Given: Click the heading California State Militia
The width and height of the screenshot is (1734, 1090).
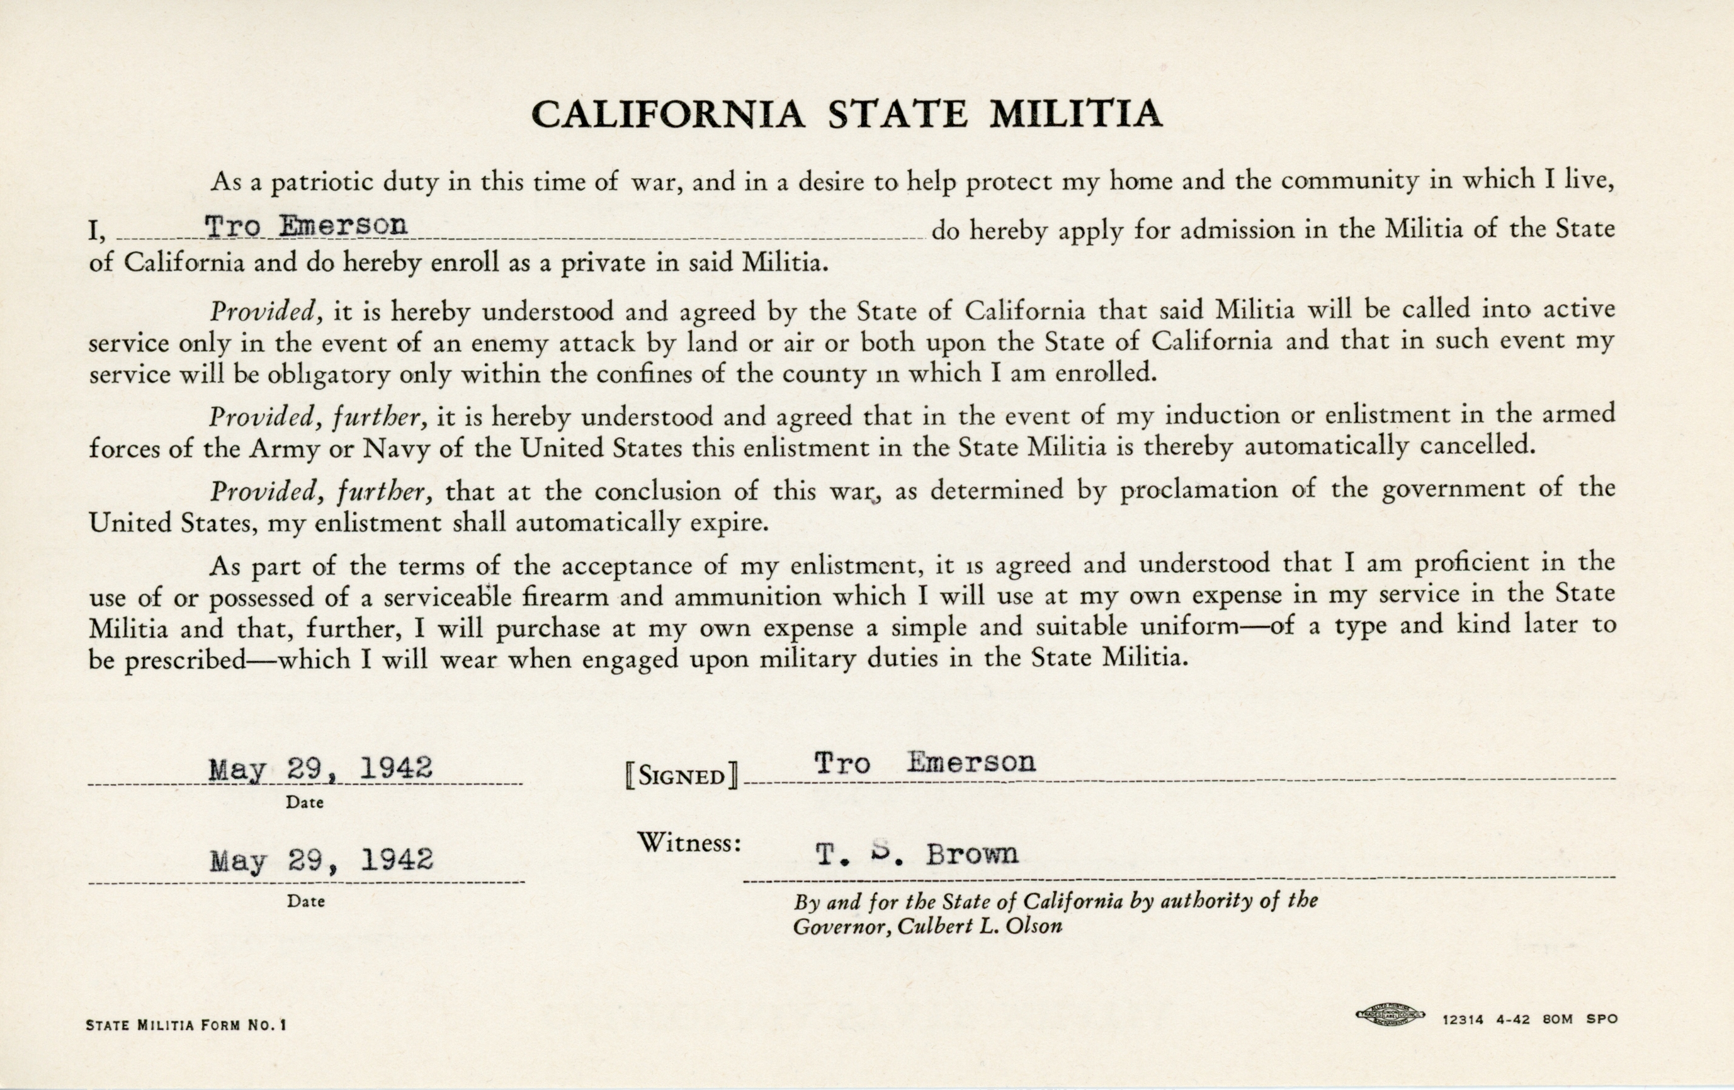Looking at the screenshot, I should coord(847,114).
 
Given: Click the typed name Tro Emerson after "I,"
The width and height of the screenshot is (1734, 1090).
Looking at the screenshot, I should coord(306,226).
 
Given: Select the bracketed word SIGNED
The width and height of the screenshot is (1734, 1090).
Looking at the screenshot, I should coord(681,777).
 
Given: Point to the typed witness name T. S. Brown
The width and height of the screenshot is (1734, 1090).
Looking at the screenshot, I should coord(916,854).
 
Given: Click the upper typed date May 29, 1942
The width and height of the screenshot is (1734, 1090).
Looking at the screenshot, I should coord(320,769).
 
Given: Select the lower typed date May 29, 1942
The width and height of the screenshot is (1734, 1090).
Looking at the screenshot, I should coord(321,860).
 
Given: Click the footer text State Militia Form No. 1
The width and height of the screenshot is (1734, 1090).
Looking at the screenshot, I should coord(186,1025).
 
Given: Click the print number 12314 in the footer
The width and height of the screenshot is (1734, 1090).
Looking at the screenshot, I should coord(1463,1019).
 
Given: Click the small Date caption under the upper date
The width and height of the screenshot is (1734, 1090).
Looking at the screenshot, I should coord(305,802).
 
